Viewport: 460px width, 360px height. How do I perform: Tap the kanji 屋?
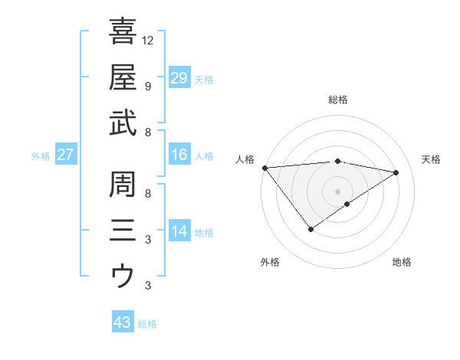tap(123, 77)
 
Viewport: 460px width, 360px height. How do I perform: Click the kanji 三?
tap(123, 229)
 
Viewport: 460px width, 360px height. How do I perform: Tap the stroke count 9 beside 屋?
tap(148, 86)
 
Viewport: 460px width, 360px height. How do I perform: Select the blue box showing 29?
tap(179, 77)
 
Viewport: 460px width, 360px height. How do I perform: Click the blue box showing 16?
tap(179, 155)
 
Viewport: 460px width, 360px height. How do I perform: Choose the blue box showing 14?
tap(179, 231)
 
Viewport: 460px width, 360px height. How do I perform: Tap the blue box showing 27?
tap(66, 155)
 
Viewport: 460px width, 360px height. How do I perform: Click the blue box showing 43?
tap(123, 322)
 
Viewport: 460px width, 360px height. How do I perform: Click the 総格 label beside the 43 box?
tap(147, 324)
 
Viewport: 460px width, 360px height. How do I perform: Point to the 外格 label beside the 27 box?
tap(41, 156)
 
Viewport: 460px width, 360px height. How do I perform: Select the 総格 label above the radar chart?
tap(337, 100)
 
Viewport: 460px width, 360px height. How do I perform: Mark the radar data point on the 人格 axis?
tap(264, 168)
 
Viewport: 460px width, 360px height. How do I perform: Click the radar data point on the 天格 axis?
tap(396, 172)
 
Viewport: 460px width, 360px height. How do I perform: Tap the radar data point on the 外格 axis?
tap(310, 228)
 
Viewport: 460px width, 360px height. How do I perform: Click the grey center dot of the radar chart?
tap(337, 190)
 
